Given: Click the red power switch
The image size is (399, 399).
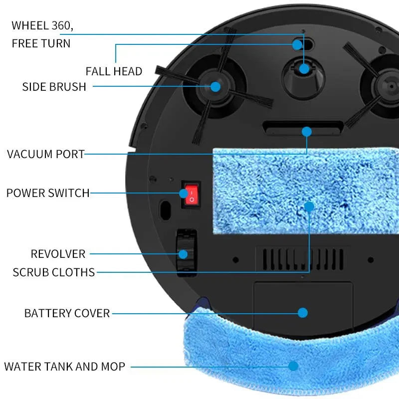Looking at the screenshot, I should (190, 195).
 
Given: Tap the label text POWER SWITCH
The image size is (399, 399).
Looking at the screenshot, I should (48, 193).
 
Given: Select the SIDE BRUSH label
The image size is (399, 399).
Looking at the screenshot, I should (54, 87).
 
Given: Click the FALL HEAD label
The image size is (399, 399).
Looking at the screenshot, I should (114, 71).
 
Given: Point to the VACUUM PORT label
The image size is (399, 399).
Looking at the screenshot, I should (46, 154).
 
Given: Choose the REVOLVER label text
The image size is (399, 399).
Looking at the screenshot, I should (58, 254).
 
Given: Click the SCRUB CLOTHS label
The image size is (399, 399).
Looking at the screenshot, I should (54, 272).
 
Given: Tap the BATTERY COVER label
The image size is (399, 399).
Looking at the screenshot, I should (67, 313).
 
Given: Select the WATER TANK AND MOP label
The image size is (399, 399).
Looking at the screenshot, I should (64, 367).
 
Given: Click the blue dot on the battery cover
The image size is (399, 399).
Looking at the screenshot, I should (303, 313).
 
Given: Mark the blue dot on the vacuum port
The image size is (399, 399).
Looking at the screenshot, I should (307, 132).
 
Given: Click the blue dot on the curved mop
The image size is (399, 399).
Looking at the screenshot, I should (293, 366).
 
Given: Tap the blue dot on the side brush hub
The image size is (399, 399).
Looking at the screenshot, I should (215, 86).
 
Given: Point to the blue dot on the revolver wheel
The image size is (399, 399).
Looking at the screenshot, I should (183, 254).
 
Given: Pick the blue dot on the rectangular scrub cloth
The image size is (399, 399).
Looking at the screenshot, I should (309, 206).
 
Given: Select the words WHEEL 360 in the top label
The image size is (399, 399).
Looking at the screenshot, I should (45, 25).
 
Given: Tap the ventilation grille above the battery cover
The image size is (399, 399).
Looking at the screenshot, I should (299, 259).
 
